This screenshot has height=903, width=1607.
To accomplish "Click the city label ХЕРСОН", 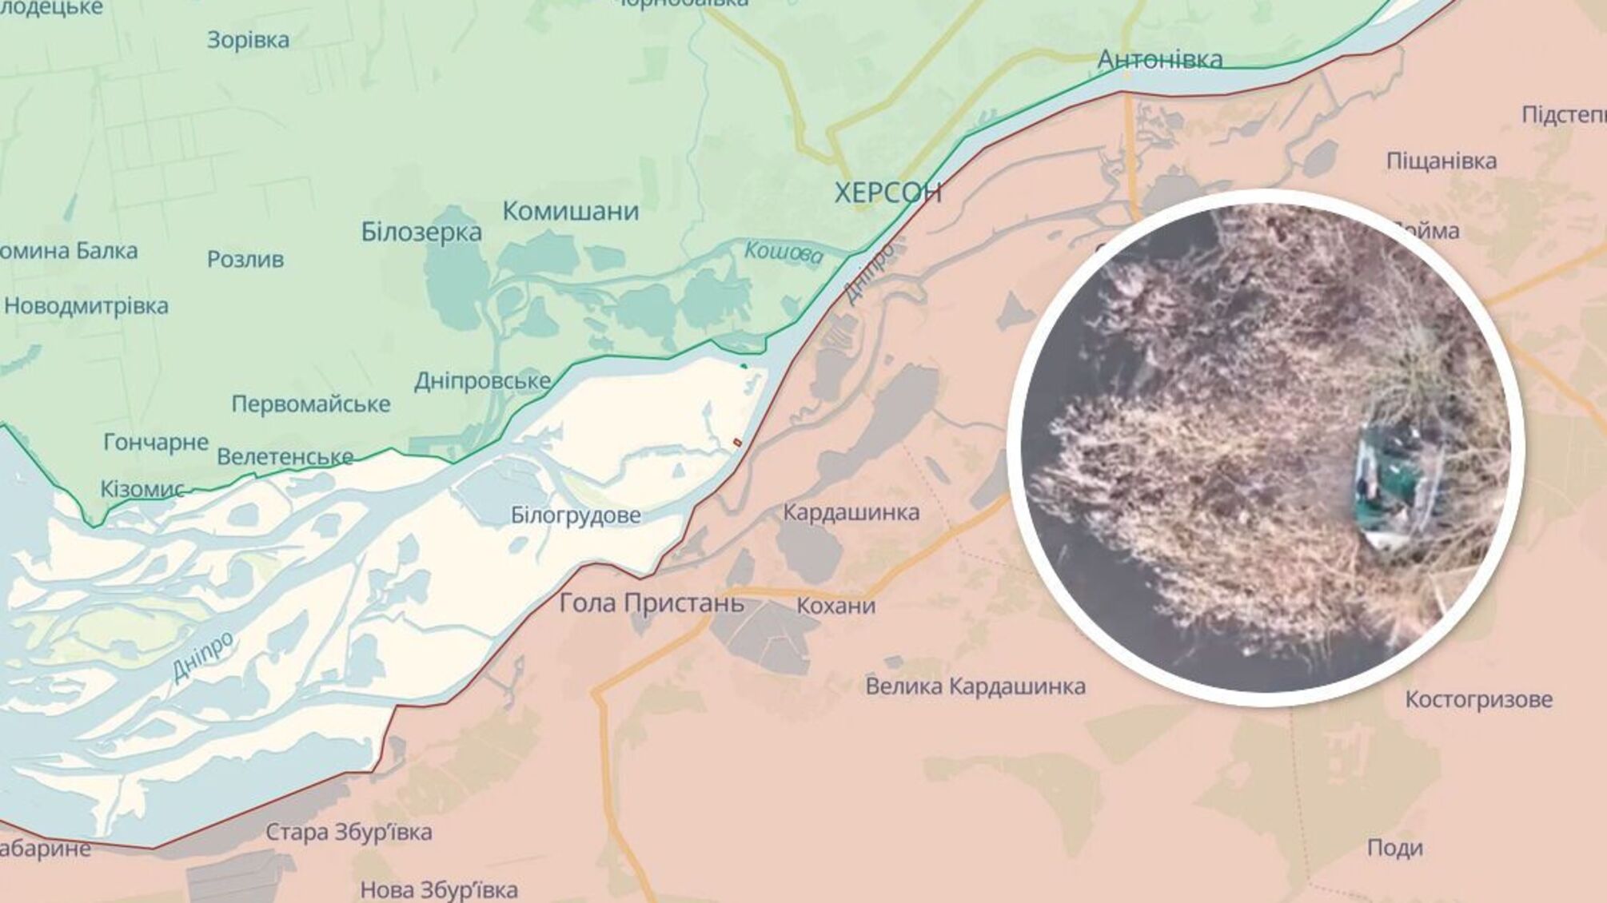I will click(x=887, y=193).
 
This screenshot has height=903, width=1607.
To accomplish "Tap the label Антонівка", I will click(x=1159, y=59).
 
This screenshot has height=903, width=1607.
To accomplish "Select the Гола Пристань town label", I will click(x=651, y=603).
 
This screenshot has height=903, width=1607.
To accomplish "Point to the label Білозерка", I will click(x=421, y=232).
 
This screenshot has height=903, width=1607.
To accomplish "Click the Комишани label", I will click(x=570, y=211).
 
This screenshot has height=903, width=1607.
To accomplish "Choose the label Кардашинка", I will click(x=851, y=511).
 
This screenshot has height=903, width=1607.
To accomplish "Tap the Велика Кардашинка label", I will click(x=975, y=686).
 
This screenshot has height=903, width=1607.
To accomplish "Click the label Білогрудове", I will click(x=576, y=515).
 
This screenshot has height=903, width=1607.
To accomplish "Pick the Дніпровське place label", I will click(x=482, y=381).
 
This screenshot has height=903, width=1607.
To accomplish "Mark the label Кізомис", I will click(x=142, y=488).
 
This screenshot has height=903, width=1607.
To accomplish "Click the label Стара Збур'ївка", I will click(x=349, y=832).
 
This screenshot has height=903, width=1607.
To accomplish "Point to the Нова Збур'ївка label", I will click(x=439, y=889).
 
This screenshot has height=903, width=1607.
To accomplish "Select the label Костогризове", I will click(x=1478, y=699).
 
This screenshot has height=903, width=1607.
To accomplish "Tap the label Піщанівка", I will click(x=1441, y=161).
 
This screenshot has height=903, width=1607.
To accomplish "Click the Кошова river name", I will click(x=783, y=253).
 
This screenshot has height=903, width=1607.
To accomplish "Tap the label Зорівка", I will click(x=248, y=40).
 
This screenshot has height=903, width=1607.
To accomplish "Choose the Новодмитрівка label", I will click(x=86, y=306).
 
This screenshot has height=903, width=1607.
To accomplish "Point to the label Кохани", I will click(x=835, y=606).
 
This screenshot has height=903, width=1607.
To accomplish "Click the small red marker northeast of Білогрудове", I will click(x=737, y=442).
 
